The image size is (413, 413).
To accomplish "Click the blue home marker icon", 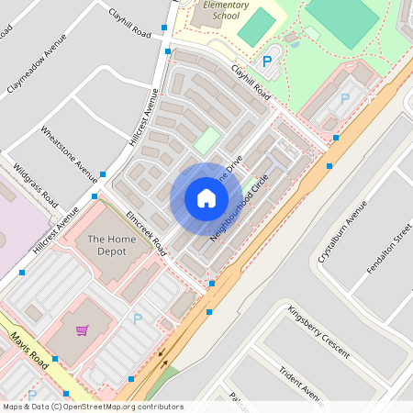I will coord(206,198).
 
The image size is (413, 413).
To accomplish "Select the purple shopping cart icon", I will coord(83,330).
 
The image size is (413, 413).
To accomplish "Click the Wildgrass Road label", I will coord(36,184).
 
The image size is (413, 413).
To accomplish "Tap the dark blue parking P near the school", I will coord(268,62).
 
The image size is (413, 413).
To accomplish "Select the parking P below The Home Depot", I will coord(138,318).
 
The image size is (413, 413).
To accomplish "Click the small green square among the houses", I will coord(207,140).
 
